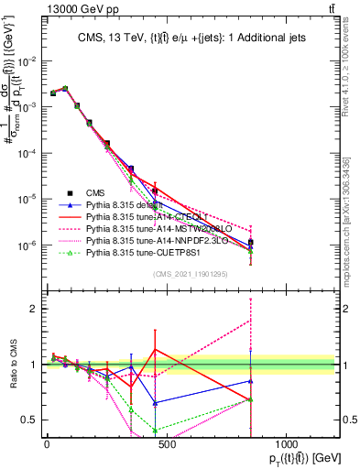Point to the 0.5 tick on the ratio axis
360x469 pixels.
pyautogui.click(x=27, y=420)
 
